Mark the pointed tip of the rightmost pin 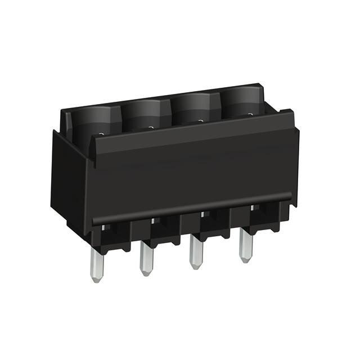(245, 260)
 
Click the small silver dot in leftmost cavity (101, 134)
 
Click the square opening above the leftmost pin (105, 228)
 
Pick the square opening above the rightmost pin (255, 208)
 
